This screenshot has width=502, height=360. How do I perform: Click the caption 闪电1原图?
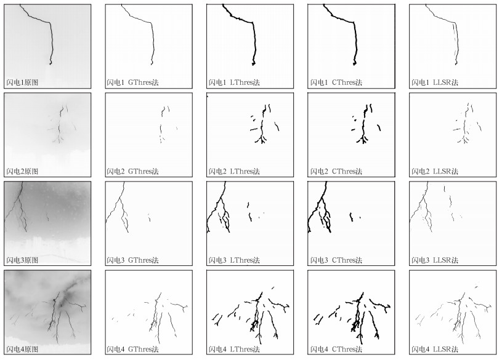(22, 82)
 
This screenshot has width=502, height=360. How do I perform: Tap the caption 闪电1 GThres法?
(132, 82)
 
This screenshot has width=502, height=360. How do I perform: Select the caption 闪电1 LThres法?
(234, 82)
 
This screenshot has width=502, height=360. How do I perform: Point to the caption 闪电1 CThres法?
(336, 82)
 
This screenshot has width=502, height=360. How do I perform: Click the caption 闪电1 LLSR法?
(435, 82)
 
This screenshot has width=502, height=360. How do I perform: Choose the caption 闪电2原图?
(22, 172)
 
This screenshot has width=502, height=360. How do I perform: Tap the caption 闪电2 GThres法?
(132, 172)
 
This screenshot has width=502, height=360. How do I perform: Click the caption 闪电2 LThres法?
(234, 172)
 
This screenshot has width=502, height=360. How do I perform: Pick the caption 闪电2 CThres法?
(336, 172)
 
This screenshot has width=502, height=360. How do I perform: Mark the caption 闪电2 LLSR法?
(435, 172)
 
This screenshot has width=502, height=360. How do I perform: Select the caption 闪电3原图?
(22, 260)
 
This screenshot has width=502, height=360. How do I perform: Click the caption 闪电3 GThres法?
(132, 260)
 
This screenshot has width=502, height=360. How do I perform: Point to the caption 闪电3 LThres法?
(234, 260)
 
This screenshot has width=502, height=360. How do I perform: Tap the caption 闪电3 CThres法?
(336, 260)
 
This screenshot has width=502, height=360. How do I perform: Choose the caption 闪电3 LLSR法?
(435, 260)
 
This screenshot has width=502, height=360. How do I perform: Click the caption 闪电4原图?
(22, 349)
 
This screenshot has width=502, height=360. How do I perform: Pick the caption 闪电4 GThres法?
(132, 349)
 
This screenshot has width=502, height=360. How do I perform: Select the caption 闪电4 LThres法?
(234, 349)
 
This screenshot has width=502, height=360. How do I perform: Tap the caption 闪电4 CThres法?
(336, 349)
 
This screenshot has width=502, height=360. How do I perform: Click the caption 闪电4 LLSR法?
(435, 349)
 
